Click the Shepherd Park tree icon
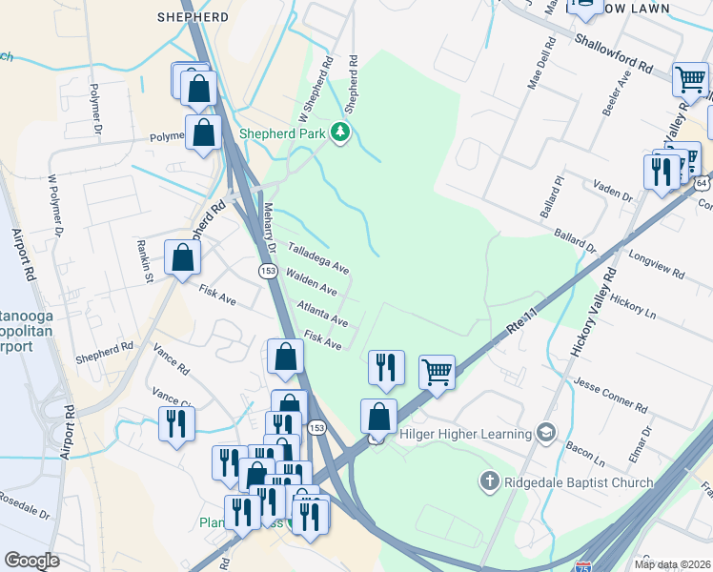[340, 134]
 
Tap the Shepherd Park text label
[282, 134]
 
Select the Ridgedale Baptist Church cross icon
[490, 482]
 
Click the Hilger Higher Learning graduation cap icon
[545, 434]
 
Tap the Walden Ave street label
[312, 281]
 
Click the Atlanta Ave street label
[321, 314]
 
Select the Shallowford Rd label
[613, 54]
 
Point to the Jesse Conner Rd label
[610, 394]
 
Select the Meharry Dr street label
[270, 226]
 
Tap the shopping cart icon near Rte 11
[437, 372]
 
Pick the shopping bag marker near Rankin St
[182, 257]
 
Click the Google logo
[32, 560]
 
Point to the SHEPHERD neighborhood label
[194, 17]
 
